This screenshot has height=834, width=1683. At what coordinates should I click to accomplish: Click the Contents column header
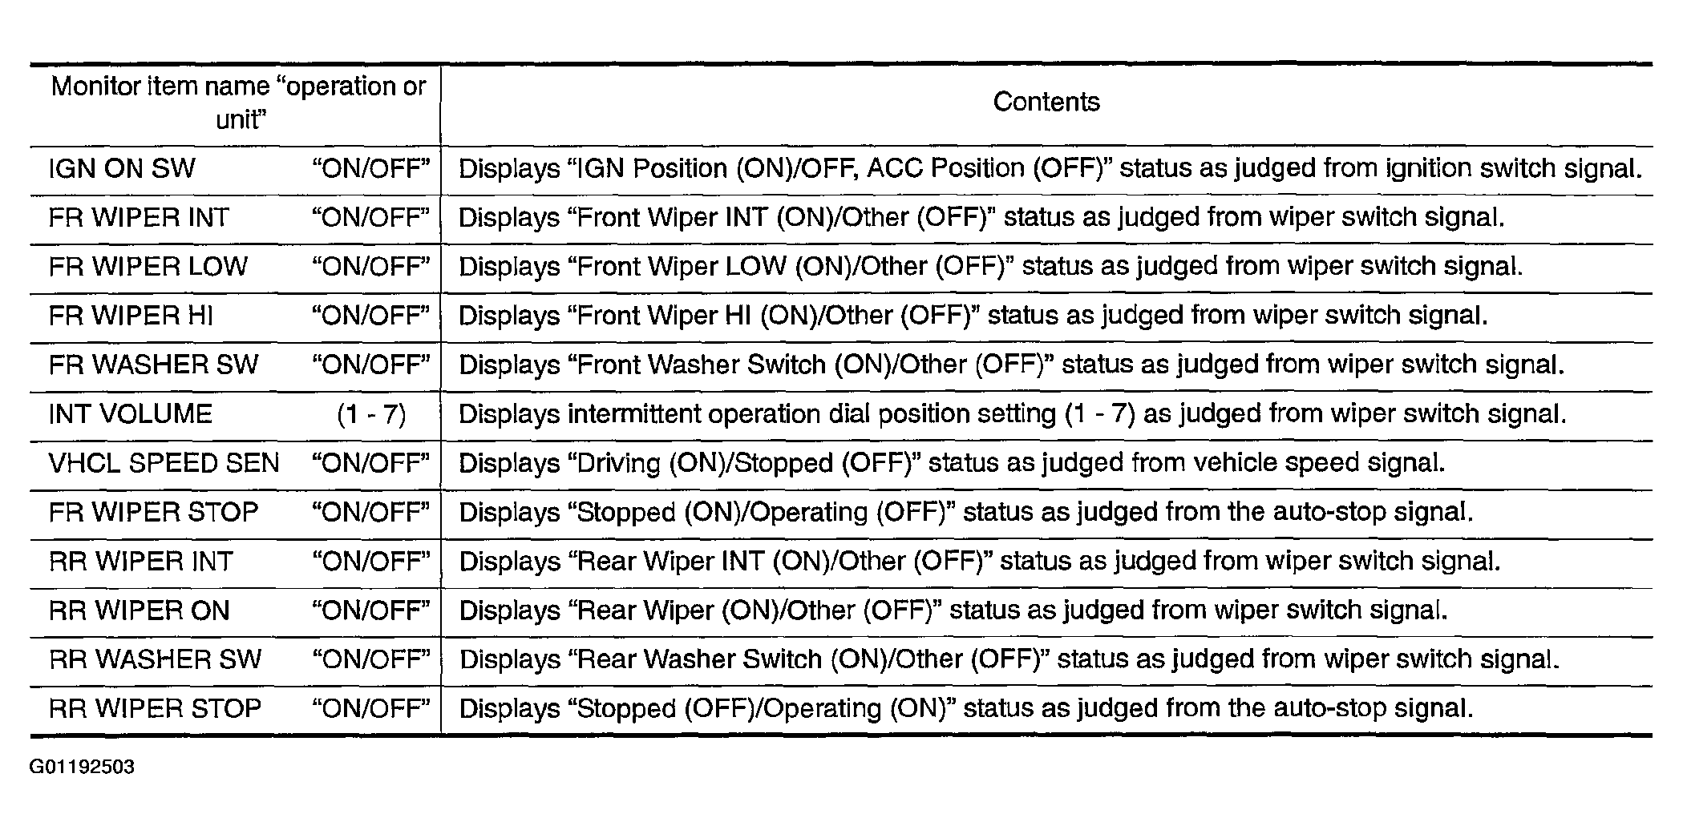[x=1046, y=103]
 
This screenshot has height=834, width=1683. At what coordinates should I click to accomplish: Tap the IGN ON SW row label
[x=122, y=169]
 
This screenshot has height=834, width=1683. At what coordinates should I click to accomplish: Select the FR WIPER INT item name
[x=139, y=218]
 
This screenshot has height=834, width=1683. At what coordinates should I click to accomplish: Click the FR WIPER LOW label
[x=148, y=267]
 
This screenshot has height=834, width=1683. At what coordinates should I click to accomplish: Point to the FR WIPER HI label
[x=131, y=316]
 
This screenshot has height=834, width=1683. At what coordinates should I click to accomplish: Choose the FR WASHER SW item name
[x=153, y=365]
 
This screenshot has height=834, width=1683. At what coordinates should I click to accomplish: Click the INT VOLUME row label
[x=130, y=414]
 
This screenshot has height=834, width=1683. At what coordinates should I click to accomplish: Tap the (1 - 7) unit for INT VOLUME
[x=371, y=414]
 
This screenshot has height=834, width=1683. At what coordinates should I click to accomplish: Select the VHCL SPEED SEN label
[x=164, y=464]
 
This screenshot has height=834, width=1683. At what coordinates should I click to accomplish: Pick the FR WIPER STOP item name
[x=153, y=513]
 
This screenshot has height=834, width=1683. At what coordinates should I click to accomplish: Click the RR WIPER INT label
[x=140, y=562]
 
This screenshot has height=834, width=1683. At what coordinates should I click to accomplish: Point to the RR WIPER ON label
[x=139, y=611]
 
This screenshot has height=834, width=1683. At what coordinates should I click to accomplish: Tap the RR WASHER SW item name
[x=155, y=660]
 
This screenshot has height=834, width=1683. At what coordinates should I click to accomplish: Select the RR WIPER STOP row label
[x=155, y=709]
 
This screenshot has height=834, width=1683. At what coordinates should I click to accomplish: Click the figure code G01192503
[x=82, y=768]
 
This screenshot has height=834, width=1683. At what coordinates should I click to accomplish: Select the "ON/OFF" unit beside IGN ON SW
[x=371, y=169]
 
